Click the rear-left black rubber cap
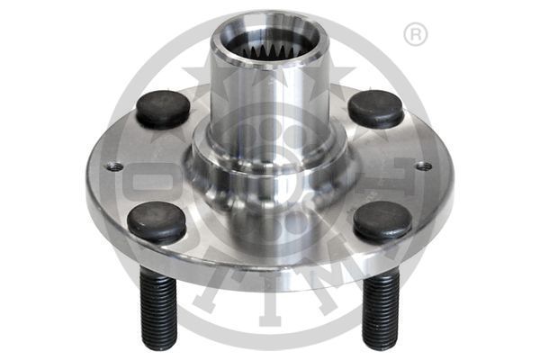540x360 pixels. tap(163, 109)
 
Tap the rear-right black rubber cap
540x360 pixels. tap(375, 109)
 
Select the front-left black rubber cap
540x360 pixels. tap(156, 220)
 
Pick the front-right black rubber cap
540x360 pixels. tap(382, 220)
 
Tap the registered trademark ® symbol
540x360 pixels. tap(415, 35)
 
